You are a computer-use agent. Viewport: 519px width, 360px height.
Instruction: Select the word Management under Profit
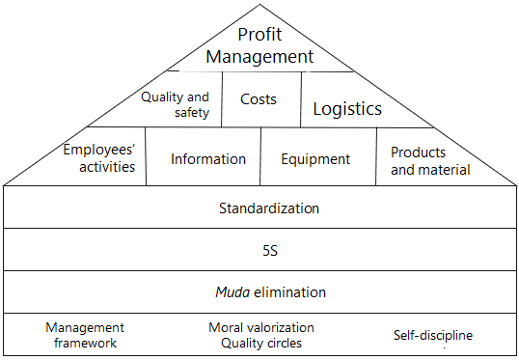point(259,57)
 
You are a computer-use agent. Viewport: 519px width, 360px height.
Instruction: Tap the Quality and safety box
point(175,104)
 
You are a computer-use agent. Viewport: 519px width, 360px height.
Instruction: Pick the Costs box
point(259,99)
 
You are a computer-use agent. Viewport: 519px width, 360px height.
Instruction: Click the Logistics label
point(347,109)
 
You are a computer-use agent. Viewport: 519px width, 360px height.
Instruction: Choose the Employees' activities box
point(98,158)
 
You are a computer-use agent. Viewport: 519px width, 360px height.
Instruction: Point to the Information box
point(208,159)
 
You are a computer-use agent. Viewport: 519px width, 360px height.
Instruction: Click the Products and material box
point(430,160)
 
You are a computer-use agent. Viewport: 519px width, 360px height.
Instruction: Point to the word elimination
point(287,291)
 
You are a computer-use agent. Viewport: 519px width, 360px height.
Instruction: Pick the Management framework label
point(85,335)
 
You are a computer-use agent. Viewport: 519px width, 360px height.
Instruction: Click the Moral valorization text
point(261,328)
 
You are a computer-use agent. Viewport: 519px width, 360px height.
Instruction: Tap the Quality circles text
point(261,343)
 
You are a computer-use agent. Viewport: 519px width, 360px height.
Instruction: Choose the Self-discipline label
point(433,336)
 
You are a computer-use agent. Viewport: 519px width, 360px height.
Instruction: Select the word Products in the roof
point(418,152)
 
